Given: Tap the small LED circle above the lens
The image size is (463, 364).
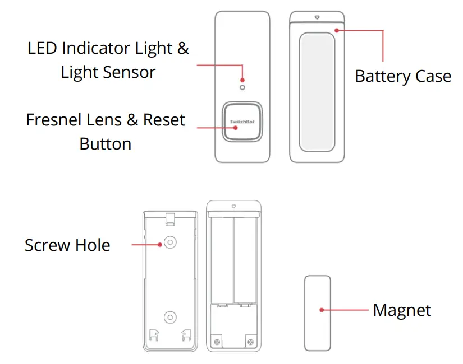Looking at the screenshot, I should point(242,87).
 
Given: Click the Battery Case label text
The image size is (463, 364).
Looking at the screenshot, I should point(403,76).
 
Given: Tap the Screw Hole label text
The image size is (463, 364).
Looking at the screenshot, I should point(67,245).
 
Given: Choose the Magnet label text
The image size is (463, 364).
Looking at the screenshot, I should point(402,310).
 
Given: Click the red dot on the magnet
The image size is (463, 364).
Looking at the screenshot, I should point(322,310).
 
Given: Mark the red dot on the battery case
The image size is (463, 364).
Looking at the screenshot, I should point(337,30).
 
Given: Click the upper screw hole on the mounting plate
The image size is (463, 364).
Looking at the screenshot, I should point(169,242).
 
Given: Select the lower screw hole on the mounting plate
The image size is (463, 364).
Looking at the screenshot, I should point(169,317).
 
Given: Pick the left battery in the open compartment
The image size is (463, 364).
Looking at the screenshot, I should point(222,260).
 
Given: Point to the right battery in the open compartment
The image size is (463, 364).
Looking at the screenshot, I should point(245,260).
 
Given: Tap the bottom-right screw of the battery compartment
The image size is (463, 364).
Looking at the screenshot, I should point(250,341).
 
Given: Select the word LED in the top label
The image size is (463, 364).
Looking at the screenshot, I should point(43,48).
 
